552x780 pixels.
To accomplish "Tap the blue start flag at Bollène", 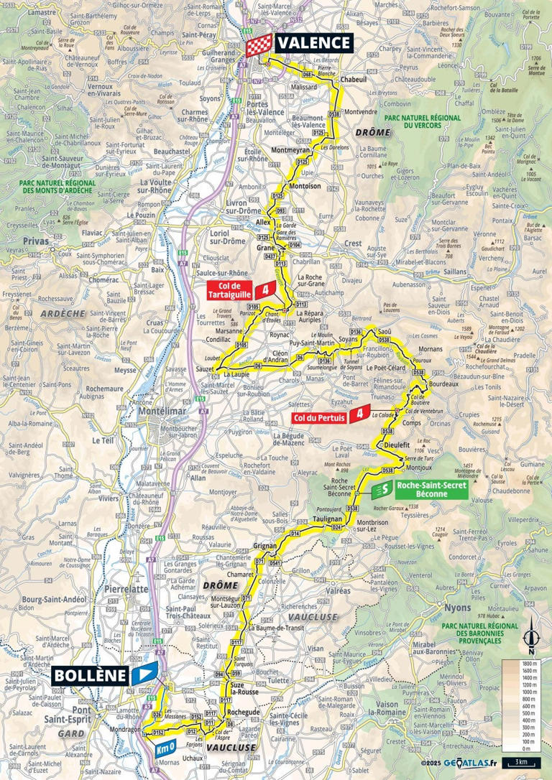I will pyautogui.click(x=144, y=675).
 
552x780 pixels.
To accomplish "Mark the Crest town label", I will pyautogui.click(x=354, y=243).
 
